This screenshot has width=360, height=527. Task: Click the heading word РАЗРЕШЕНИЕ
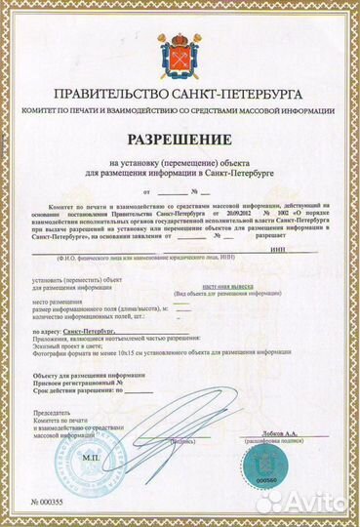179,141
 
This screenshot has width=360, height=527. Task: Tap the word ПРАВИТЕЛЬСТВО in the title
118,97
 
